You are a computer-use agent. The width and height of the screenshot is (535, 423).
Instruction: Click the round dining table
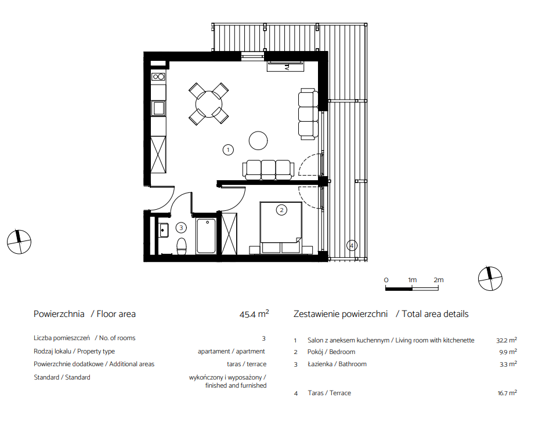(x=208, y=104)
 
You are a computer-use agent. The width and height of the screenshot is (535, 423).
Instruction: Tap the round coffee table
(x=258, y=140)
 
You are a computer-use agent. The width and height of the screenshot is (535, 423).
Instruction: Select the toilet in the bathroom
(x=182, y=246)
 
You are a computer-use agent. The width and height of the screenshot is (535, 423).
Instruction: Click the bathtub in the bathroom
(x=206, y=236)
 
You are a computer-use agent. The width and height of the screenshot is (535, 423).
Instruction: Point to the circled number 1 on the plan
(x=228, y=149)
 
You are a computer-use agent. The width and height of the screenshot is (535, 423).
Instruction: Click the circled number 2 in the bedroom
(x=281, y=210)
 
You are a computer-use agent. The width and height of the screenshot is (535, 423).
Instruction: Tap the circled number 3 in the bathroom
(x=181, y=228)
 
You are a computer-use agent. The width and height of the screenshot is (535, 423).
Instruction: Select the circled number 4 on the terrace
(x=352, y=245)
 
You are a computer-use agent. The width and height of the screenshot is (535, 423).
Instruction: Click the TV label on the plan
(x=287, y=67)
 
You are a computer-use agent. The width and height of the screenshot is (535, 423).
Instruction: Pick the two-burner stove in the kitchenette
(x=158, y=76)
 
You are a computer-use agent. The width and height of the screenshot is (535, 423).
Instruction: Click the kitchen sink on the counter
(x=158, y=108)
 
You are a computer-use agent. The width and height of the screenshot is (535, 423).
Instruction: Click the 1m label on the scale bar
(x=412, y=280)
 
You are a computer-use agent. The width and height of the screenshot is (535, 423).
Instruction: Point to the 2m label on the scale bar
(x=439, y=280)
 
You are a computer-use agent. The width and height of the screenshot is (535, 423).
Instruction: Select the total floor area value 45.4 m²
(x=254, y=313)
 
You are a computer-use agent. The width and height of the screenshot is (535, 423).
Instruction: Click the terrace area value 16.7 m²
(x=507, y=393)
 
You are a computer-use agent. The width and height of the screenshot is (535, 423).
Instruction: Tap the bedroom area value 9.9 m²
(x=508, y=352)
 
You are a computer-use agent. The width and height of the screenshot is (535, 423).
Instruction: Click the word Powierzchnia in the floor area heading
(x=59, y=314)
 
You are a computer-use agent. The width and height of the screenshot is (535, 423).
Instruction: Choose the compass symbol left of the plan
(x=19, y=242)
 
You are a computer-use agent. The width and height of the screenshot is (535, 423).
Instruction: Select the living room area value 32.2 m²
(x=507, y=340)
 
